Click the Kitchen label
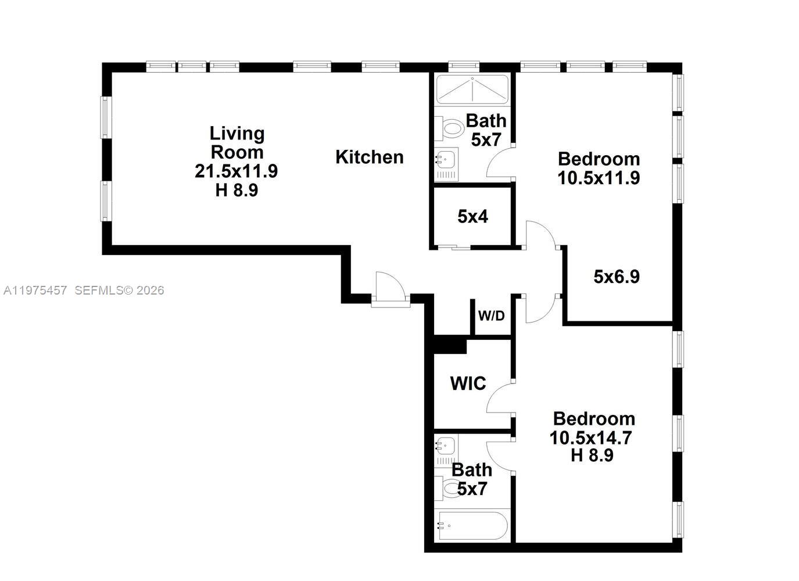(x=369, y=157)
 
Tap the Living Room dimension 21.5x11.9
(x=236, y=171)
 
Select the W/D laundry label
(x=491, y=316)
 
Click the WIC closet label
(x=468, y=383)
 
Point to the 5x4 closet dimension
(x=472, y=217)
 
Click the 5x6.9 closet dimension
(x=617, y=277)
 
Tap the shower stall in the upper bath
(x=472, y=89)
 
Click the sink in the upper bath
(x=446, y=159)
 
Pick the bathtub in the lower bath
(x=472, y=526)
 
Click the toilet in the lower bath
(x=448, y=488)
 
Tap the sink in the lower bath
(x=445, y=446)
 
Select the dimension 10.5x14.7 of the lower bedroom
(x=591, y=437)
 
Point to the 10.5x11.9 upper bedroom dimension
(x=599, y=178)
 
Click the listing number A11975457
(x=35, y=290)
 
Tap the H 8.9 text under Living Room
(x=236, y=190)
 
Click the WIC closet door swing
(x=500, y=398)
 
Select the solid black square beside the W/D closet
(x=450, y=345)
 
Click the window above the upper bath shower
(x=467, y=66)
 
